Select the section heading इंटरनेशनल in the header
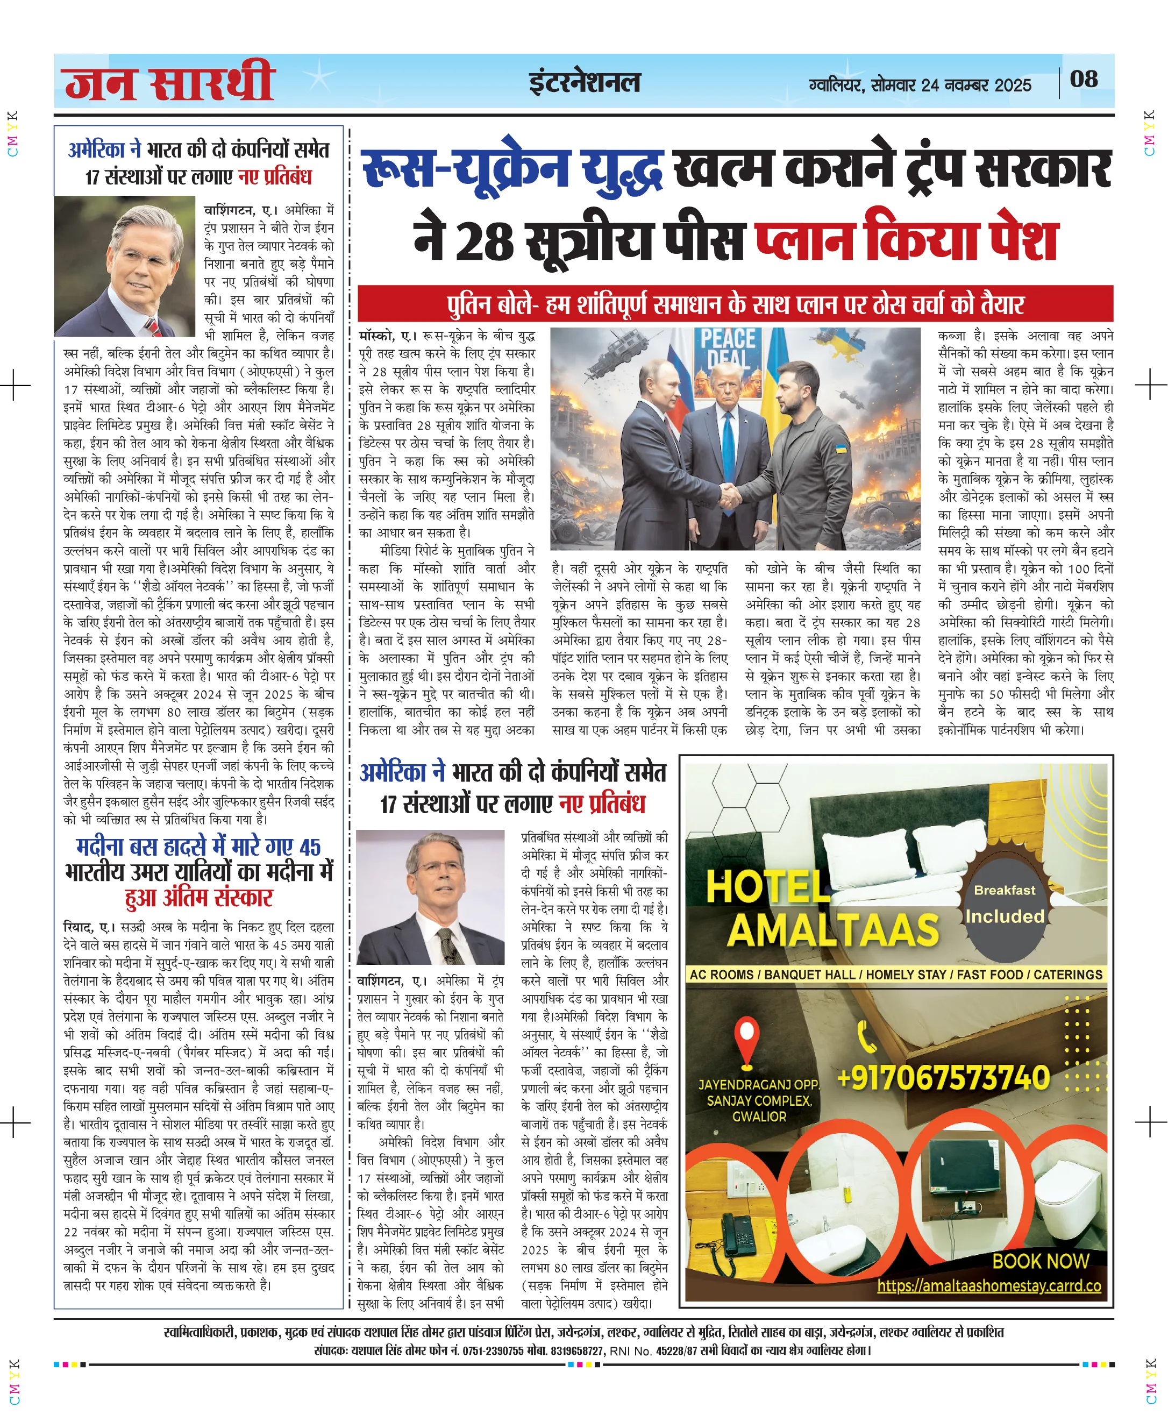click(584, 83)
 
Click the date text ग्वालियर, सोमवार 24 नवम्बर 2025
click(920, 86)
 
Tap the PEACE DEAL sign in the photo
click(728, 348)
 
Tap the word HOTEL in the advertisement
click(768, 886)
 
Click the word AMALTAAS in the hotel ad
click(833, 932)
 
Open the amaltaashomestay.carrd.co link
click(988, 1285)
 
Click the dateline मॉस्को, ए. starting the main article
click(386, 335)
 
